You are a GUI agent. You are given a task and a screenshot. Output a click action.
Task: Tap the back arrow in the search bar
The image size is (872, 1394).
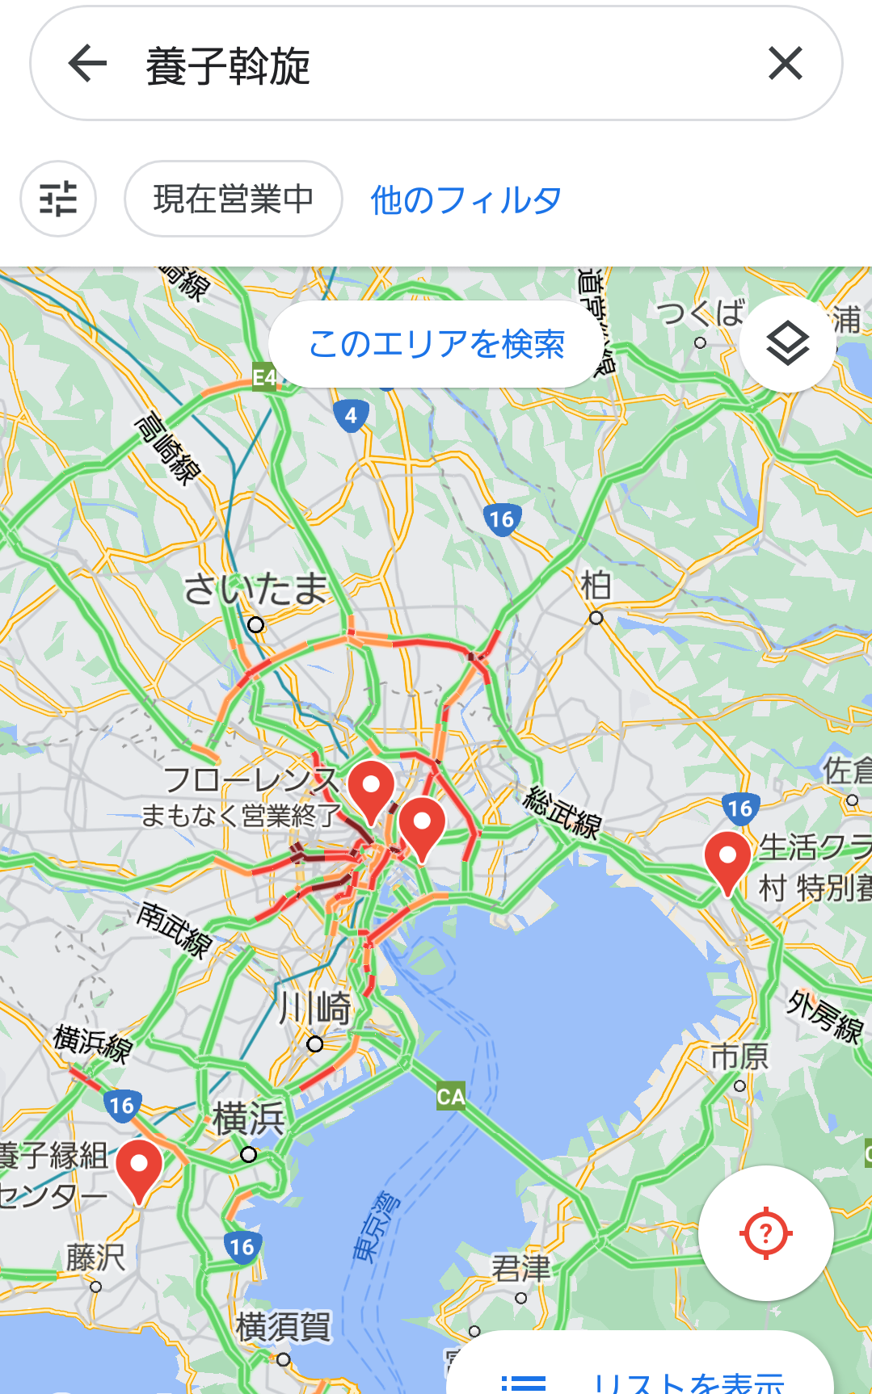tap(88, 64)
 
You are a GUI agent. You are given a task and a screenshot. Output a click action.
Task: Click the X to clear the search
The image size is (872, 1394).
tap(785, 64)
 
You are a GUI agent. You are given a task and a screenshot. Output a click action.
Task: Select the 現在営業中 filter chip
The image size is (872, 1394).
tap(233, 199)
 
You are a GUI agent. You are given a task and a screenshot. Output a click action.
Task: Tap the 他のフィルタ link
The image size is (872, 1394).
tap(465, 199)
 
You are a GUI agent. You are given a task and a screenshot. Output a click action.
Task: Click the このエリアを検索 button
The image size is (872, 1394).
tap(436, 344)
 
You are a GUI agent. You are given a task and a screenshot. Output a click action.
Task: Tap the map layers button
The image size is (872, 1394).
tap(787, 344)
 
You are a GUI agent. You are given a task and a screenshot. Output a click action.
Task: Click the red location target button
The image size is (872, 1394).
tap(765, 1233)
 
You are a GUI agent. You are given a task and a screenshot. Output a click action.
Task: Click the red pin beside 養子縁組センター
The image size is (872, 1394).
tap(139, 1168)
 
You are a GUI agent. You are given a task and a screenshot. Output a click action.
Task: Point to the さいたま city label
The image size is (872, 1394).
tap(255, 589)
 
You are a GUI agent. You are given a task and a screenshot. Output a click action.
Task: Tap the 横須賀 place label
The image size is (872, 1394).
tap(283, 1327)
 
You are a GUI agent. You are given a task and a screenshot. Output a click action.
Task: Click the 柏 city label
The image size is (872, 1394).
tap(596, 586)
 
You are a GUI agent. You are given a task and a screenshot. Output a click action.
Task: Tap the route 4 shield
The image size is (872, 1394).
tap(351, 416)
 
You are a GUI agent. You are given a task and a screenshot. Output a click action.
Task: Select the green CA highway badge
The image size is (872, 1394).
tap(451, 1096)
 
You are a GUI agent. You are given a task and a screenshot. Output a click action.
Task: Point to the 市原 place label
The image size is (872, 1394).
tap(739, 1056)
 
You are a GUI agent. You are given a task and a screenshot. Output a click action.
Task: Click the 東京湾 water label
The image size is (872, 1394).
tap(377, 1225)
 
